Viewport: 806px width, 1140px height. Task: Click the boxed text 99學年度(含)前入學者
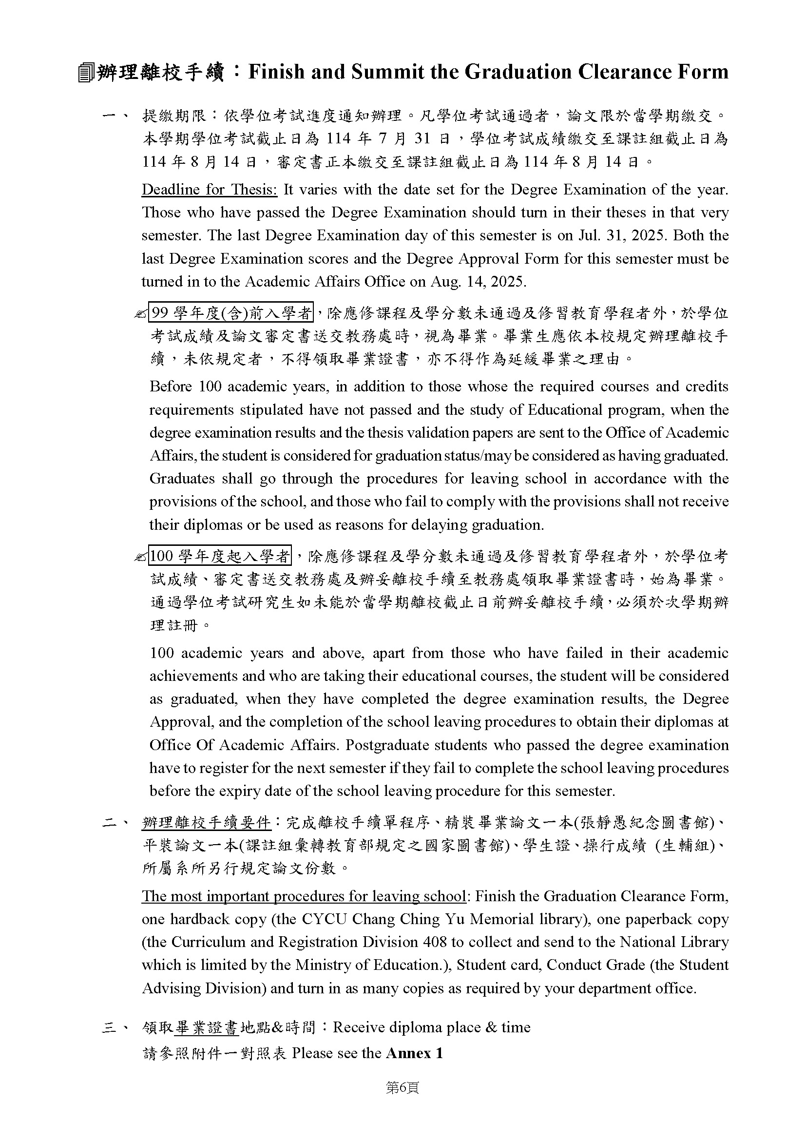click(231, 313)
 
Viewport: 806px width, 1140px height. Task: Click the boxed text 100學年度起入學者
click(220, 556)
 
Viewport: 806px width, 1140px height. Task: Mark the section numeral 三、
click(115, 1027)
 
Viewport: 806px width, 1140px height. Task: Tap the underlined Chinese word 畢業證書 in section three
click(207, 1027)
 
